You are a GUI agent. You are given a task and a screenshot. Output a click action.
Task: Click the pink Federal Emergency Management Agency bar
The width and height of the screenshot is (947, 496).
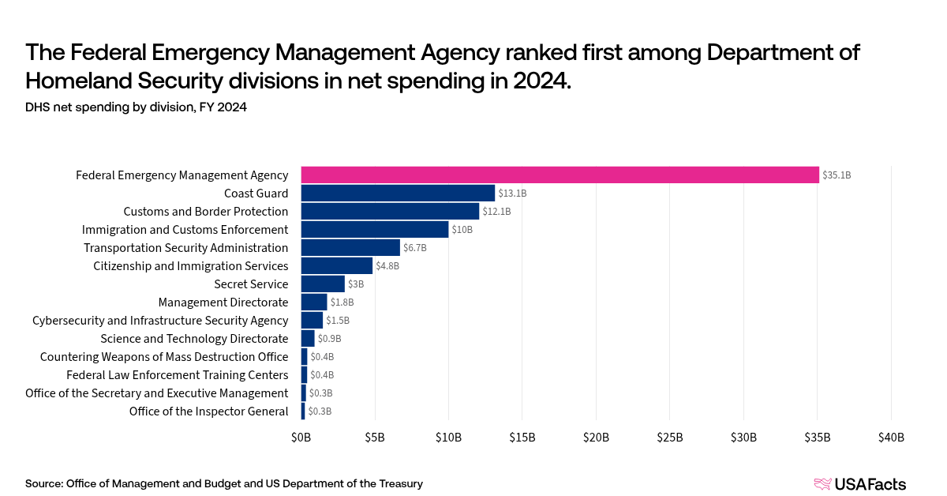[x=560, y=175]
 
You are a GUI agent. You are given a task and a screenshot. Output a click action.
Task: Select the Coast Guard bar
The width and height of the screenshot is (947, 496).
[x=398, y=193]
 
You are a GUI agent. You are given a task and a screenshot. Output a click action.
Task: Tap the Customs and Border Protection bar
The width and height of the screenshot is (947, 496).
[x=390, y=211]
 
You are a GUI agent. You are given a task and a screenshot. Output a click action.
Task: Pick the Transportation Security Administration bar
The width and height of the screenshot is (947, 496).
[x=350, y=247]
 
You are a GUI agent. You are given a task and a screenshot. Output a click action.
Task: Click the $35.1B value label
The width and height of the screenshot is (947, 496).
[x=837, y=175]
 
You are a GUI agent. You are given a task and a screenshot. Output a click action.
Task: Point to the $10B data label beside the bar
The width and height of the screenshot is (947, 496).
[x=462, y=230]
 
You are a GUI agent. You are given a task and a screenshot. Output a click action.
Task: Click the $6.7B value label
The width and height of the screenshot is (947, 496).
[x=415, y=248]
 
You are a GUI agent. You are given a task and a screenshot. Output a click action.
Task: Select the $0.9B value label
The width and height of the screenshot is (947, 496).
[x=329, y=339]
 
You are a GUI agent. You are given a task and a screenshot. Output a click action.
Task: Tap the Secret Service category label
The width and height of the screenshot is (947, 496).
[x=251, y=284]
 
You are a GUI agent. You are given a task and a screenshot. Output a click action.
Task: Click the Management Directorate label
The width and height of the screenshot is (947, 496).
[x=223, y=302]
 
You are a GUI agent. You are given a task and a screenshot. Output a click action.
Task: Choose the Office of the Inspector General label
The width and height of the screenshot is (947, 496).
[x=208, y=411]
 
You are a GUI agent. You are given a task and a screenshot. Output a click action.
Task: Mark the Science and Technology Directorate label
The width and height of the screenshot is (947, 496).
[x=194, y=338]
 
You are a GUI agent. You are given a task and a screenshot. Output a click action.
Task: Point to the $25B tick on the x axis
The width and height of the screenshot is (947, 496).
[x=669, y=438]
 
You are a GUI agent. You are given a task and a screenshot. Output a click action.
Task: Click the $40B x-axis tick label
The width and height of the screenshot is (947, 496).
[x=891, y=438]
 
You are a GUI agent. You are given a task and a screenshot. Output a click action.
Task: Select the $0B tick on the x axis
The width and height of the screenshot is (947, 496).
[x=301, y=438]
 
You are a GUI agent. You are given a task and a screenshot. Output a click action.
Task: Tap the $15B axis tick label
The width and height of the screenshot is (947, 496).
[x=522, y=438]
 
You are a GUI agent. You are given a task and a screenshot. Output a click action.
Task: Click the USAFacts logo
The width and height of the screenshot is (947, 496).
[x=859, y=484]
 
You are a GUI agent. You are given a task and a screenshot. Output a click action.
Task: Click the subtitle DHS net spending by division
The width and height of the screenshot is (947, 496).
[x=136, y=107]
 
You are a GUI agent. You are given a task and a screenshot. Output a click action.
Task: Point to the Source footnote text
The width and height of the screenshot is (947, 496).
[x=223, y=483]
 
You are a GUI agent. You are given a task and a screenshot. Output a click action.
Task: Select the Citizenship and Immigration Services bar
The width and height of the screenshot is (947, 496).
[x=336, y=265]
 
